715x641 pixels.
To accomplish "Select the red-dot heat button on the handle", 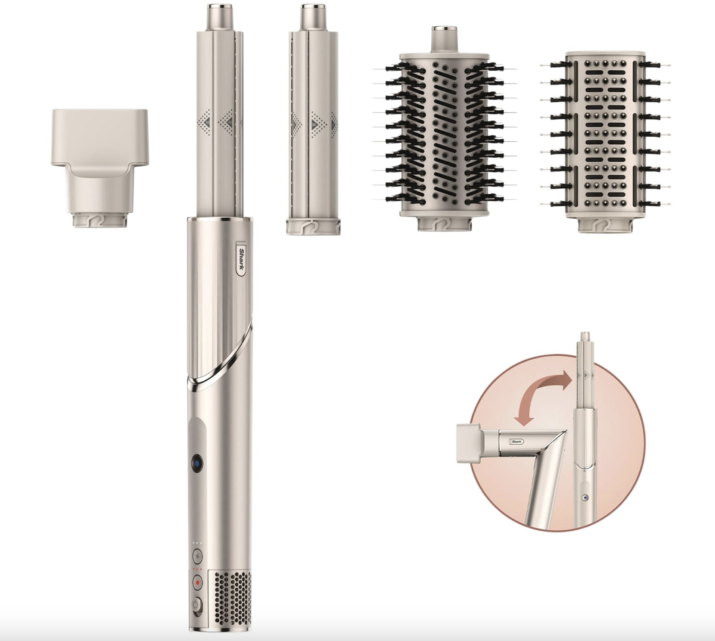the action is click(197, 582).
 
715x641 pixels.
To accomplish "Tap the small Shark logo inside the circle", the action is click(516, 442).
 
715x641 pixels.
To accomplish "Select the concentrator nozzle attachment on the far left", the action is click(99, 168).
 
